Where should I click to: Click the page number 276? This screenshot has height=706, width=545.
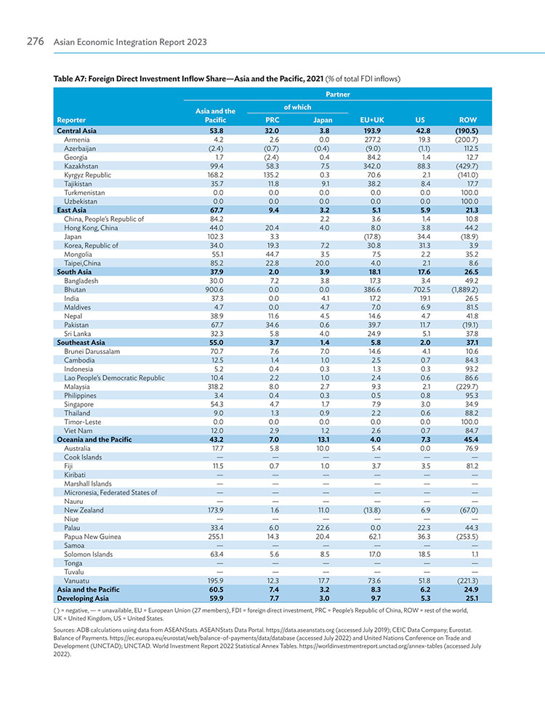[35, 41]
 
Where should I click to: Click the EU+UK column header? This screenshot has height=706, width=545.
[372, 120]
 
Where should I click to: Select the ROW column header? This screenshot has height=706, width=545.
[467, 120]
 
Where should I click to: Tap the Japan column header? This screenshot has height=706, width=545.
[323, 120]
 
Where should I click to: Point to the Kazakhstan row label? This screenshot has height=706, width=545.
[81, 167]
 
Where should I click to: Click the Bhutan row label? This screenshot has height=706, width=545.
[75, 289]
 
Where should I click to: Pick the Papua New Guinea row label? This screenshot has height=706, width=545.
[92, 537]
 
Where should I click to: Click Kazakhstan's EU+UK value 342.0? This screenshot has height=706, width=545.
[372, 167]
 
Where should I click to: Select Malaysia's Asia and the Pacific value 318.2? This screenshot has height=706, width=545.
[216, 387]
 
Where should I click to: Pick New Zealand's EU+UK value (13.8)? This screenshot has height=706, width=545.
[372, 510]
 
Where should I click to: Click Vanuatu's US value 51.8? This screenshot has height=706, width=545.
[424, 581]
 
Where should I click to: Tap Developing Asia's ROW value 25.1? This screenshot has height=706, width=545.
[472, 598]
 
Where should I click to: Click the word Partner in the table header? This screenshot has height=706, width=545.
[337, 94]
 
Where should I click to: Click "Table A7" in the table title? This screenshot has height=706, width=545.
[69, 79]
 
